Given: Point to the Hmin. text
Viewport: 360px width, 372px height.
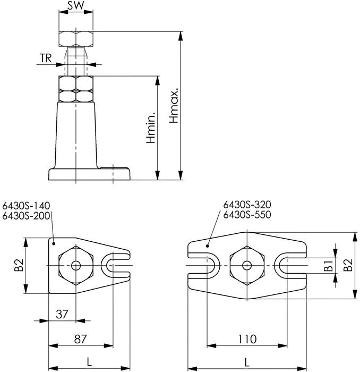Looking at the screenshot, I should [x=151, y=128].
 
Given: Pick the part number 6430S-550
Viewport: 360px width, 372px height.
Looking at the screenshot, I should [x=247, y=215].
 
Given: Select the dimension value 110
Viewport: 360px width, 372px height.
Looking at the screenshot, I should [x=247, y=339].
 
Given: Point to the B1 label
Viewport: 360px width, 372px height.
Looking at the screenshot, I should [x=329, y=265].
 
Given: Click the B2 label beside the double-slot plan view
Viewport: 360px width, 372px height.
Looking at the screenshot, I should [x=348, y=265].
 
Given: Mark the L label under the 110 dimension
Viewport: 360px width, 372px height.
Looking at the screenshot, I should [x=247, y=362].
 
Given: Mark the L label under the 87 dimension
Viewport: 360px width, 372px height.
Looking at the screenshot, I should [x=89, y=362].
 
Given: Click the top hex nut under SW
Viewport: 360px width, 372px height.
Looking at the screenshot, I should [x=75, y=39].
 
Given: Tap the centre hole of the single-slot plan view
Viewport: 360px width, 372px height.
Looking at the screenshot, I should [x=75, y=265].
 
